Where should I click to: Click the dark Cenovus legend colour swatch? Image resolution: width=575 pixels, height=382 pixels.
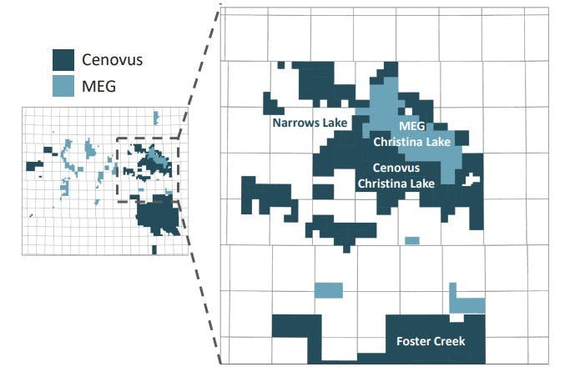click(63, 59)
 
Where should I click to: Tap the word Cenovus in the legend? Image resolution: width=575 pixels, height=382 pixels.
click(111, 59)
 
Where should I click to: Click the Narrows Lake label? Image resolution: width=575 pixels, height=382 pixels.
click(310, 123)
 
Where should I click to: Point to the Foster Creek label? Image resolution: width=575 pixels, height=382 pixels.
click(430, 342)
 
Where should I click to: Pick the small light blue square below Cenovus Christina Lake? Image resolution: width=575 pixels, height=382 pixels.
click(411, 241)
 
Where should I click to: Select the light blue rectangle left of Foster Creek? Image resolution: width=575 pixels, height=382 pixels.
click(328, 290)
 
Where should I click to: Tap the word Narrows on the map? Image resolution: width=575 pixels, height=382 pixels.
click(294, 123)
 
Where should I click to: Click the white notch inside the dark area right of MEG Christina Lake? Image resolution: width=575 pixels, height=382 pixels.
click(473, 178)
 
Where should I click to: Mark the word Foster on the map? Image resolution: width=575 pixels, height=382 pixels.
click(412, 342)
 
